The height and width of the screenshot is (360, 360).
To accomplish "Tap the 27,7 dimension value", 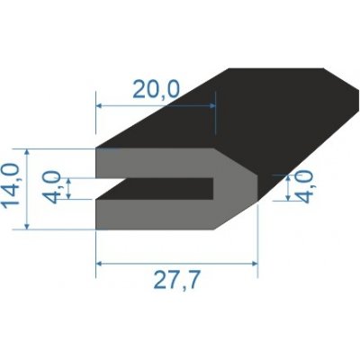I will click(x=176, y=282).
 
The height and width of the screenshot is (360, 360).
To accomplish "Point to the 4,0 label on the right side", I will click(x=305, y=190).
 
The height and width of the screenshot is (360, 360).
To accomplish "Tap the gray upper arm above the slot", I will click(x=153, y=163).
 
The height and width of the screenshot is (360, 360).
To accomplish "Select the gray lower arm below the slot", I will click(x=153, y=213).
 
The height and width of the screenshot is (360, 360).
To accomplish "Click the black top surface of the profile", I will click(x=252, y=108).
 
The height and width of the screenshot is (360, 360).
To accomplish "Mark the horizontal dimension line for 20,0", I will click(x=156, y=105).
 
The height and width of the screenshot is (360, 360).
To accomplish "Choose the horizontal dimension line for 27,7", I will click(x=176, y=263).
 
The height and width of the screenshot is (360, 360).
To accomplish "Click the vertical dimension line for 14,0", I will click(x=31, y=189).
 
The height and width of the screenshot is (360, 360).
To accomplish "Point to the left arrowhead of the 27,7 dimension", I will click(x=100, y=263).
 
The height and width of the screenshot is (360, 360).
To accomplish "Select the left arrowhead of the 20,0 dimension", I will click(x=100, y=105).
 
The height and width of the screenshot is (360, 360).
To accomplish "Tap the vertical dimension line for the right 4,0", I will click(x=286, y=188).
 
